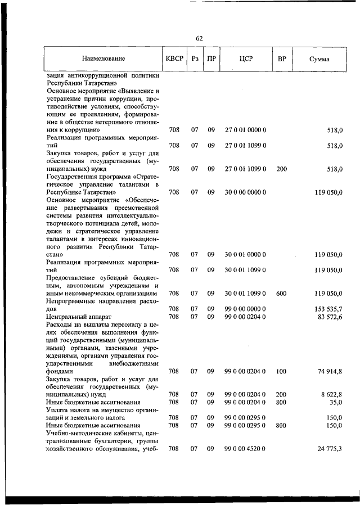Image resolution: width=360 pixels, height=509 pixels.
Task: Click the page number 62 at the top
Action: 199,38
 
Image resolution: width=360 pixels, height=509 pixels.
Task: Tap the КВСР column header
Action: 174,58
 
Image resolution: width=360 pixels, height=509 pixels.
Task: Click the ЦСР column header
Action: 245,58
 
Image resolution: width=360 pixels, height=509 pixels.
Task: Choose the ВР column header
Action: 282,58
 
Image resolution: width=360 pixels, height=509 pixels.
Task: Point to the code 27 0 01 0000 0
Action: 245,130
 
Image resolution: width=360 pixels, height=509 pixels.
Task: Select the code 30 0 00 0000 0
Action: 245,192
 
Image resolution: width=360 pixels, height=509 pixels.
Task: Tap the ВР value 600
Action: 282,293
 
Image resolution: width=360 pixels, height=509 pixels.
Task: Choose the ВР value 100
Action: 282,371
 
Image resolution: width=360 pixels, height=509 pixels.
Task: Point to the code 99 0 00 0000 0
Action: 245,309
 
